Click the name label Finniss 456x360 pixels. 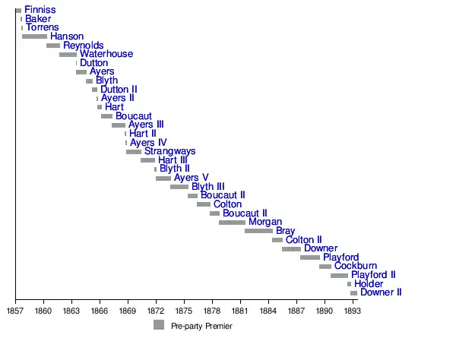pyautogui.click(x=40, y=10)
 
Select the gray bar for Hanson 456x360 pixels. pyautogui.click(x=34, y=36)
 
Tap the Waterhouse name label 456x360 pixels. pyautogui.click(x=106, y=54)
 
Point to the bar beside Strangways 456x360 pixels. pyautogui.click(x=134, y=152)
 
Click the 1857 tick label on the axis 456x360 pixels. pyautogui.click(x=14, y=311)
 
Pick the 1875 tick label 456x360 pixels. pyautogui.click(x=183, y=311)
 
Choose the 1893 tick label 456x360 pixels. pyautogui.click(x=352, y=311)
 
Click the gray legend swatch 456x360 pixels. pyautogui.click(x=159, y=325)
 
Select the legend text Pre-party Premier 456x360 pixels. pyautogui.click(x=201, y=326)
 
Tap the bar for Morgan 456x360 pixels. pyautogui.click(x=232, y=223)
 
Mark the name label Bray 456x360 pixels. pyautogui.click(x=285, y=231)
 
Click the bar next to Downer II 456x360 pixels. pyautogui.click(x=353, y=293)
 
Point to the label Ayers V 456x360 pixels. pyautogui.click(x=191, y=178)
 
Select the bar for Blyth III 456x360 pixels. pyautogui.click(x=179, y=187)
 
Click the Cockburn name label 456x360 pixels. pyautogui.click(x=355, y=267)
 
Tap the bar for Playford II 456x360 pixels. pyautogui.click(x=339, y=276)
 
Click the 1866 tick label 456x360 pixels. pyautogui.click(x=99, y=311)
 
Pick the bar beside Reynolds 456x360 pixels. pyautogui.click(x=52, y=46)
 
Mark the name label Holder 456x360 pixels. pyautogui.click(x=369, y=284)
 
